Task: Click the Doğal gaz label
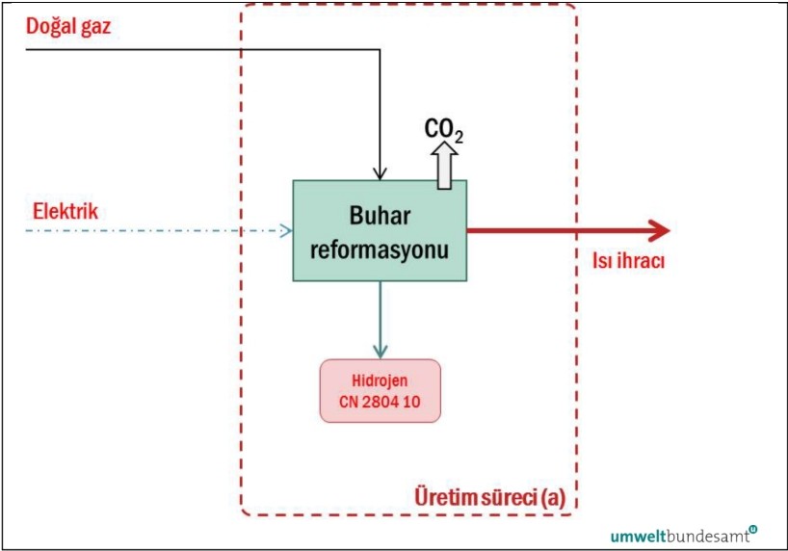pos(68,27)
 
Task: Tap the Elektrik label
pos(66,209)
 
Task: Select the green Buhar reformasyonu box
pos(380,230)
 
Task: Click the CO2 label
pos(444,130)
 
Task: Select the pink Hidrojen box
pos(380,390)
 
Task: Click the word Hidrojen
pos(380,380)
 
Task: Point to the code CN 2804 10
pos(380,401)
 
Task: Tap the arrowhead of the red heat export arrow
pos(659,230)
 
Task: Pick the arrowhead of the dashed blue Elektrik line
pos(285,230)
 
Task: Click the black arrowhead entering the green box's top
pos(381,173)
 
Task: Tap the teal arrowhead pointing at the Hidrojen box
pos(380,351)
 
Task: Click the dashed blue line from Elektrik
pos(154,230)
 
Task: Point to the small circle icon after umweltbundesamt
pos(752,528)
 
